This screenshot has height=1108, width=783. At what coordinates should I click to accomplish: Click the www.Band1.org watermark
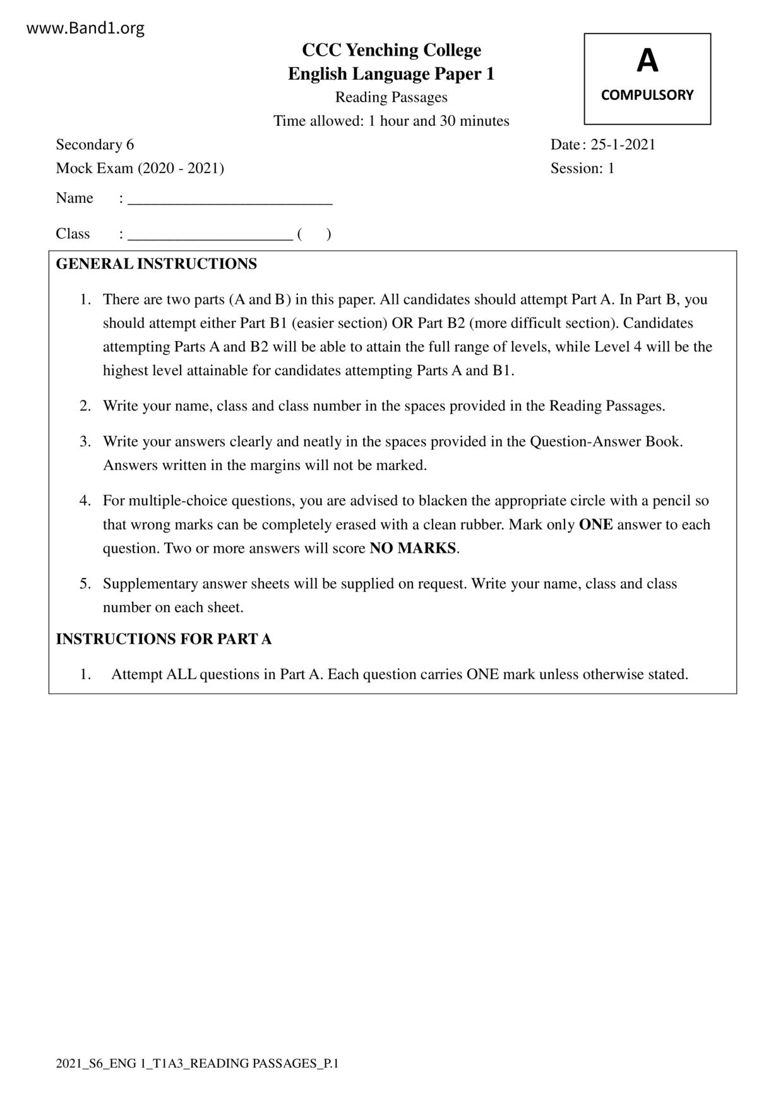coord(86,28)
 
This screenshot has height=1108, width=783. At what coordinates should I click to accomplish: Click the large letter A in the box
coord(647,61)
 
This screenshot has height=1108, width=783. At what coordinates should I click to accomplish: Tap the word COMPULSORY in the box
coord(647,95)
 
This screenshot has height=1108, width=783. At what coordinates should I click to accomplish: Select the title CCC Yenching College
coord(391,50)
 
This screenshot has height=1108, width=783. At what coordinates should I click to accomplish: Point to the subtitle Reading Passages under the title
coord(391,97)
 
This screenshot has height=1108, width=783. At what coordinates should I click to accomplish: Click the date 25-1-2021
coord(623,145)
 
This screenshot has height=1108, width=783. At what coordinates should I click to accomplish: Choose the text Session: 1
coord(582,168)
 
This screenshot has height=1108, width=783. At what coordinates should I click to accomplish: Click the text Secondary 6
coord(95,145)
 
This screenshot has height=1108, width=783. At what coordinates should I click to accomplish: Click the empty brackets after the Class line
coord(314,234)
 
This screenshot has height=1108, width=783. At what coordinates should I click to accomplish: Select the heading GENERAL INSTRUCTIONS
coord(157,264)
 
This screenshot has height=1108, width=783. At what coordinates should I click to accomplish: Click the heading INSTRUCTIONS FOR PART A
coord(164,639)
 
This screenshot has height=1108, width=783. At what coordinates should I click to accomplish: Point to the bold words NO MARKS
coord(413,548)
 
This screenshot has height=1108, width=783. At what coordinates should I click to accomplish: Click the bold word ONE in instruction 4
coord(595,525)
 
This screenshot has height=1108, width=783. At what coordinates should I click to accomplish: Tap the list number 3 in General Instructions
coord(85,442)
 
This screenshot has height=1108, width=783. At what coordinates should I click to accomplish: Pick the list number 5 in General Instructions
coord(85,584)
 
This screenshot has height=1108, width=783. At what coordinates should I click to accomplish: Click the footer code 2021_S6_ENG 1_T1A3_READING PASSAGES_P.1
coord(197,1064)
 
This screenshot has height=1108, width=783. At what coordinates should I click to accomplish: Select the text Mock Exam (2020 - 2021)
coord(140,168)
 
